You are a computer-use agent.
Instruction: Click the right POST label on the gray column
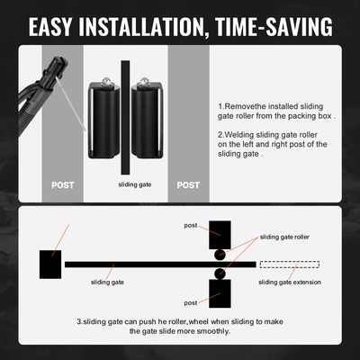[x=188, y=184]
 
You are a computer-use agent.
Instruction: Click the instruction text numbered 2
[x=274, y=143]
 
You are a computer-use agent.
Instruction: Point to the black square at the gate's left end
[x=49, y=263]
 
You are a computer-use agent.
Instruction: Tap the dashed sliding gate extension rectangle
[x=288, y=264]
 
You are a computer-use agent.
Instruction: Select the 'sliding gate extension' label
[x=288, y=282]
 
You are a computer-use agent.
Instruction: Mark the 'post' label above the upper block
[x=190, y=225]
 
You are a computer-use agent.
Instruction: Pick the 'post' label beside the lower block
[x=190, y=302]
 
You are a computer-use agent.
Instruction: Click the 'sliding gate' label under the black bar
[x=107, y=282]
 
